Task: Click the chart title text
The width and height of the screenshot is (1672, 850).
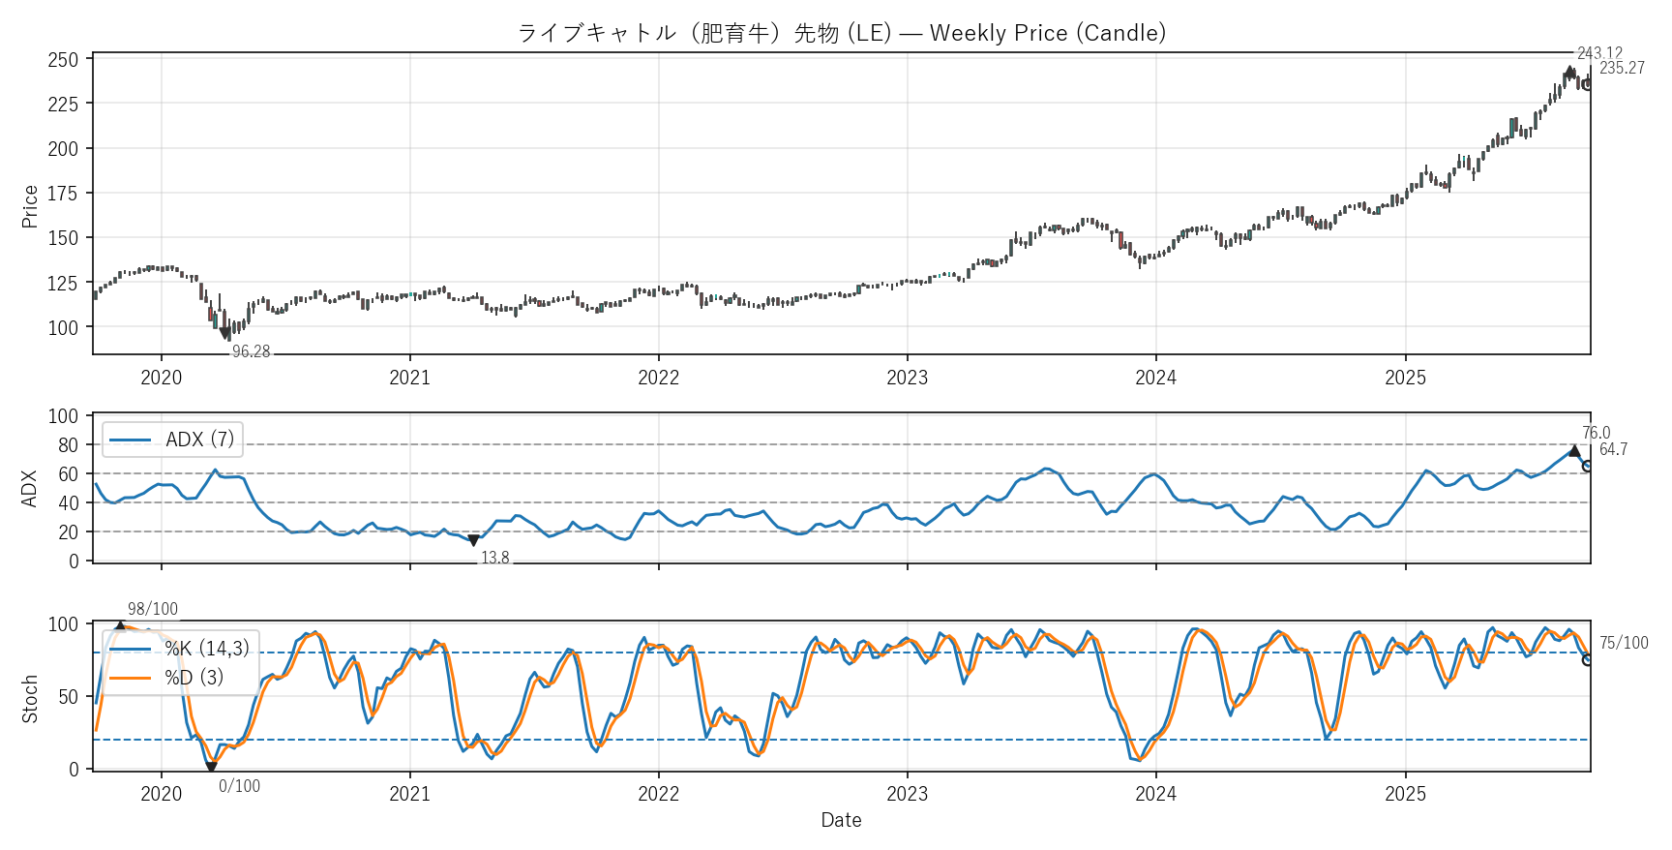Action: point(841,33)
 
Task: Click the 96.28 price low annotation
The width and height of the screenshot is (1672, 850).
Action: point(251,351)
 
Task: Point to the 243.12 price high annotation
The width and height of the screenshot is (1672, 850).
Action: point(1599,53)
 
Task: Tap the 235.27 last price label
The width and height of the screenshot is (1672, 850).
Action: point(1622,68)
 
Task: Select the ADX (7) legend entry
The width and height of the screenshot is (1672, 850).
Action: point(172,440)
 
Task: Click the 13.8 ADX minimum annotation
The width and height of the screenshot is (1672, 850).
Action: point(494,558)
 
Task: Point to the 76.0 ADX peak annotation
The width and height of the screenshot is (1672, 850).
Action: point(1596,433)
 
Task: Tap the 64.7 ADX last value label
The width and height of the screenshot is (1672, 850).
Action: point(1613,449)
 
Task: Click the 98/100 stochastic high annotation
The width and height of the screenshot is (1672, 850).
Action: point(153,609)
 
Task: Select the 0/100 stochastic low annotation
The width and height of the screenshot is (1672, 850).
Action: point(239,786)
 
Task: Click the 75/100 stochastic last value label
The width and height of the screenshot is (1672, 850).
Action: point(1624,643)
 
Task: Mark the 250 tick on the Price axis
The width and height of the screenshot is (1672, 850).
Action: point(63,60)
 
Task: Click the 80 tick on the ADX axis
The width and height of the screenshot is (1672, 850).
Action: point(68,445)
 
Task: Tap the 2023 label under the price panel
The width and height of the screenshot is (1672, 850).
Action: point(907,378)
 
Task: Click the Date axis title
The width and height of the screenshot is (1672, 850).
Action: point(841,820)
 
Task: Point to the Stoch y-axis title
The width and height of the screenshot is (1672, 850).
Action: point(30,699)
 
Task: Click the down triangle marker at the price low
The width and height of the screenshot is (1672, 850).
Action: point(225,334)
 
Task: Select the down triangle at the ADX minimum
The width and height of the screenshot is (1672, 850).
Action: point(473,541)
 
